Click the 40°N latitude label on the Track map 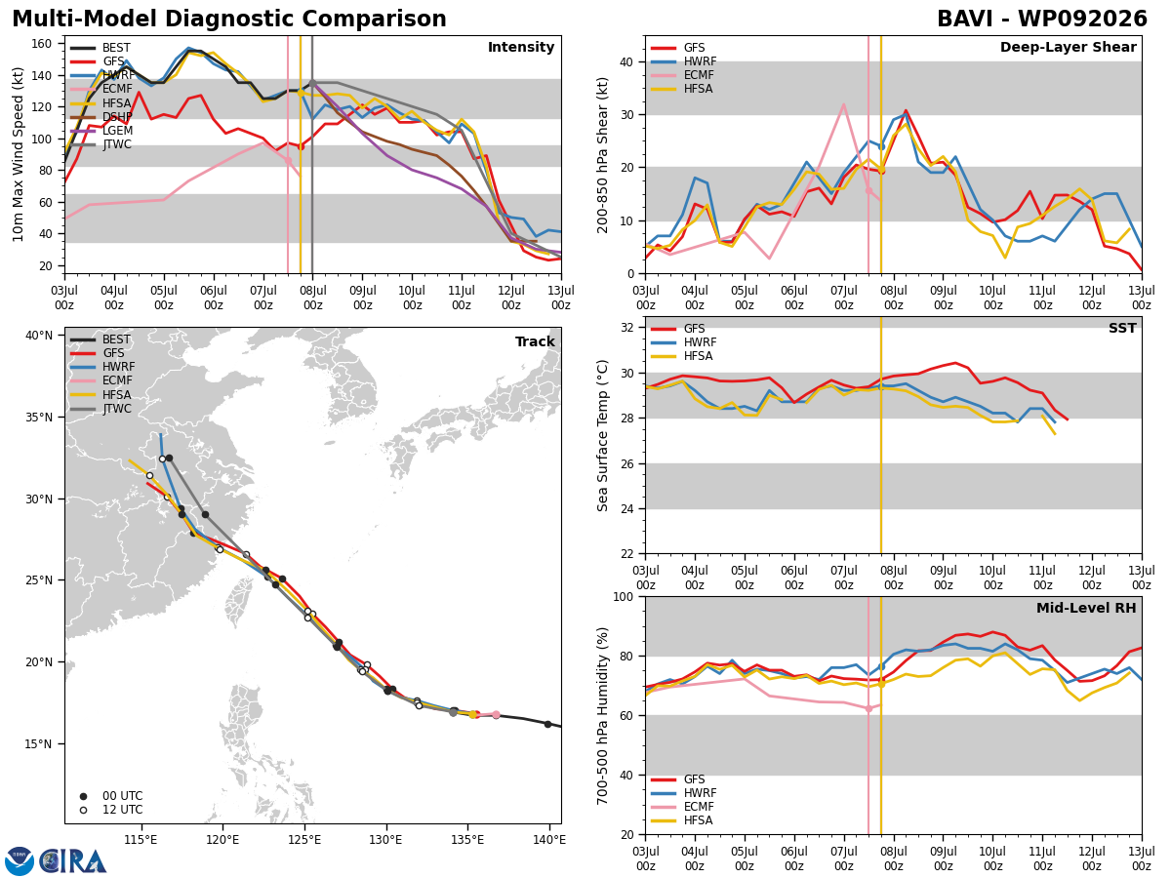39,336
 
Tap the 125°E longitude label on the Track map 304,841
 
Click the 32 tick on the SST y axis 627,328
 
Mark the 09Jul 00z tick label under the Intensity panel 363,298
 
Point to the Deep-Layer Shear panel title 1068,47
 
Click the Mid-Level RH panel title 1086,608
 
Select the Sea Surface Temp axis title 602,435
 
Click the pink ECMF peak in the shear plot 843,104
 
